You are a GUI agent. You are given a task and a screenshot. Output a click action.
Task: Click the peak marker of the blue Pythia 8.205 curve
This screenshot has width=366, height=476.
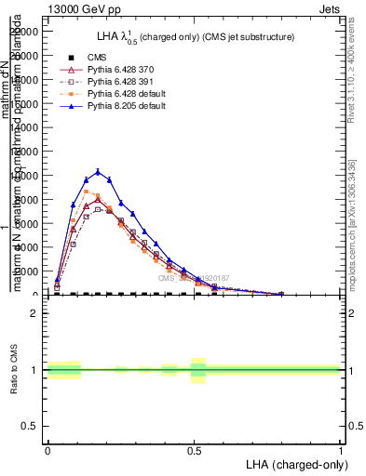tap(98, 171)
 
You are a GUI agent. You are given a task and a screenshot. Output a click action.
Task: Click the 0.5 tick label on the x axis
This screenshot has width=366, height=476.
tap(194, 448)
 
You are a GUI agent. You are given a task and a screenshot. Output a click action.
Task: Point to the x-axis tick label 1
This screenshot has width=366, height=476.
tap(341, 448)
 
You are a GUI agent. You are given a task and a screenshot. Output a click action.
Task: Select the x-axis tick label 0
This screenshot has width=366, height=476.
tap(47, 448)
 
